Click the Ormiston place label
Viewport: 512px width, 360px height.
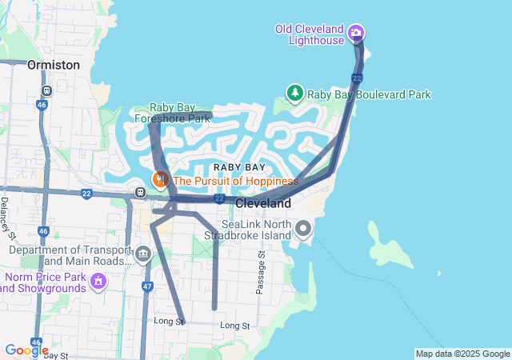tap(53, 64)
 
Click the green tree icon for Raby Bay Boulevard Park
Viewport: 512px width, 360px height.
tap(295, 94)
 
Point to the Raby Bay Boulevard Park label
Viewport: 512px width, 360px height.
tap(370, 94)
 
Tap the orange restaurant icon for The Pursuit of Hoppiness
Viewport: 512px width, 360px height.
tap(160, 179)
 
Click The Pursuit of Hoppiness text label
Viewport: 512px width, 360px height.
tap(235, 181)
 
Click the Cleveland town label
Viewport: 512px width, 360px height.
tap(263, 204)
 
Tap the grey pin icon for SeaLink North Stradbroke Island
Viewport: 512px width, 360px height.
tap(303, 230)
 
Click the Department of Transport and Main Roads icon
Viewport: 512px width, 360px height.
tap(143, 255)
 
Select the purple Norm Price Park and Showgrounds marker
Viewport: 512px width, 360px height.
tap(98, 281)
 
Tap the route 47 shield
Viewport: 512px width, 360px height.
tap(146, 286)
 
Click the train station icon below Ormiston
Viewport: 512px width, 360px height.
tap(47, 90)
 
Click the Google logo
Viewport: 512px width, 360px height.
tap(26, 350)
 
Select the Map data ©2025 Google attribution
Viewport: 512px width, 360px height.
tap(462, 354)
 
